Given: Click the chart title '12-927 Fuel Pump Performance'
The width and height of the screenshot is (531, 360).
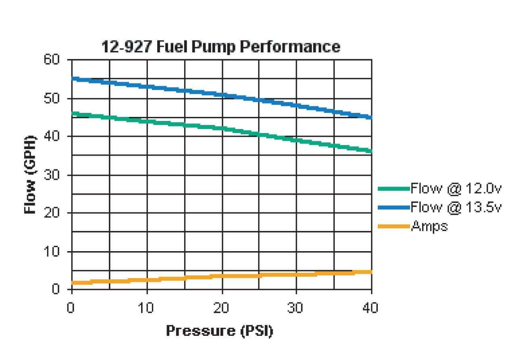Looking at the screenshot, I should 220,46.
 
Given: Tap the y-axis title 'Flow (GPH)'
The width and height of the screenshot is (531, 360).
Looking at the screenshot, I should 31,174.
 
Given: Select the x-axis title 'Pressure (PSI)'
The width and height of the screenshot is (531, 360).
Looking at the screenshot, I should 220,331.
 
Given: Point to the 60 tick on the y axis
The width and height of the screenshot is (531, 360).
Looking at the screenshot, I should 52,60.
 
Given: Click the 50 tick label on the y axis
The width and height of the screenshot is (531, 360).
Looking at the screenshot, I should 52,99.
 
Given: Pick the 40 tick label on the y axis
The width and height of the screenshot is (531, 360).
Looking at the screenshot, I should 52,137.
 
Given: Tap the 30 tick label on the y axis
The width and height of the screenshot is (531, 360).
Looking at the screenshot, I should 52,175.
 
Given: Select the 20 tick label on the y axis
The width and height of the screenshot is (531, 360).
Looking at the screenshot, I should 52,213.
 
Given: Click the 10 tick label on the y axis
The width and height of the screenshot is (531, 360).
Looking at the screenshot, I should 52,251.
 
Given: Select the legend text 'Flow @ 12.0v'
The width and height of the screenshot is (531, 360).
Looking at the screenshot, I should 456,188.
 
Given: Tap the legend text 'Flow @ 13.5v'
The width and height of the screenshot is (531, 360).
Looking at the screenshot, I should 456,207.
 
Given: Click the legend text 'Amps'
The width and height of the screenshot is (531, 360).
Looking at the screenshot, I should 429,226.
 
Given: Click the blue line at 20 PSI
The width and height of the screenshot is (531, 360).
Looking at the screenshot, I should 222,95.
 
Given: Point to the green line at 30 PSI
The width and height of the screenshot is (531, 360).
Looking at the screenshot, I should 297,140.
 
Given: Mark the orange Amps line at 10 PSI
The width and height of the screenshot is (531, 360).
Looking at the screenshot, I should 147,280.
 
